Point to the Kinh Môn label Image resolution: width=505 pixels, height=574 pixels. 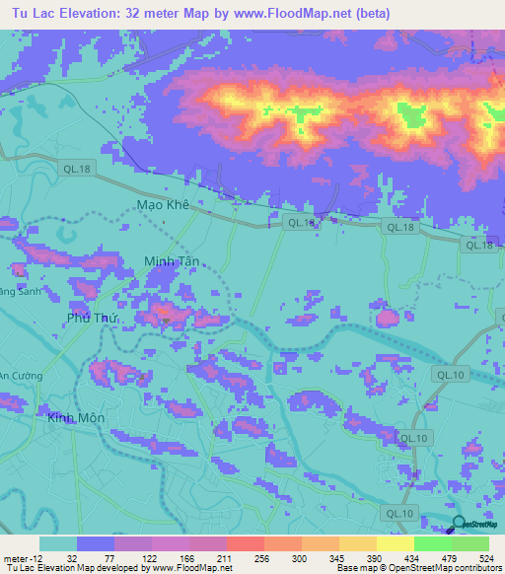[75, 418]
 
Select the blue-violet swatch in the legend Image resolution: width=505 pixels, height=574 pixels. [95, 543]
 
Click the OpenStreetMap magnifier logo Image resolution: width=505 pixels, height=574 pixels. [458, 524]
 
